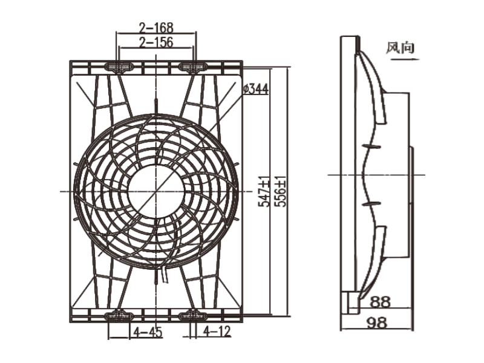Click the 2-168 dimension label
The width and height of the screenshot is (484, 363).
(x=156, y=27)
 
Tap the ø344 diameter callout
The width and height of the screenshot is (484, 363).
(x=255, y=90)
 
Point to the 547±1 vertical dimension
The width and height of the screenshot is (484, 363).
(x=264, y=192)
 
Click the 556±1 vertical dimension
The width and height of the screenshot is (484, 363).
(x=281, y=192)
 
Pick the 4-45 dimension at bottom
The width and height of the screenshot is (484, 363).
(x=148, y=332)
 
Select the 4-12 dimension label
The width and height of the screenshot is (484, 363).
(x=217, y=332)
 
